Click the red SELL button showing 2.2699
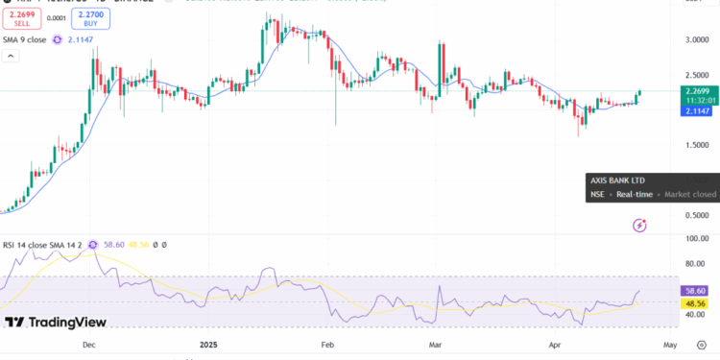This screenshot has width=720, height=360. (21, 19)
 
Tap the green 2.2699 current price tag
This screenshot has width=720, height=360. (698, 91)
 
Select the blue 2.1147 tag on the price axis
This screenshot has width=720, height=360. (698, 112)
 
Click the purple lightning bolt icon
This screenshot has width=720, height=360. (640, 225)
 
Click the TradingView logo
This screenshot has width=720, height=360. (56, 323)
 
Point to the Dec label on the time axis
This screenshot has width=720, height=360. (88, 343)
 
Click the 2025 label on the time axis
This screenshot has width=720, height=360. (211, 343)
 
